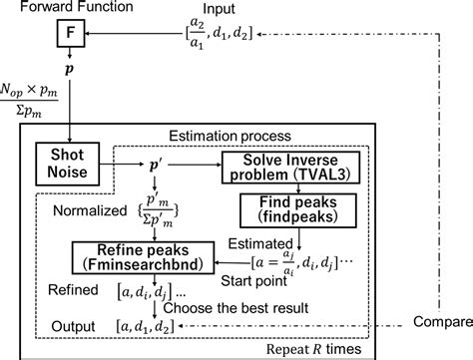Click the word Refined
click(73, 290)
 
